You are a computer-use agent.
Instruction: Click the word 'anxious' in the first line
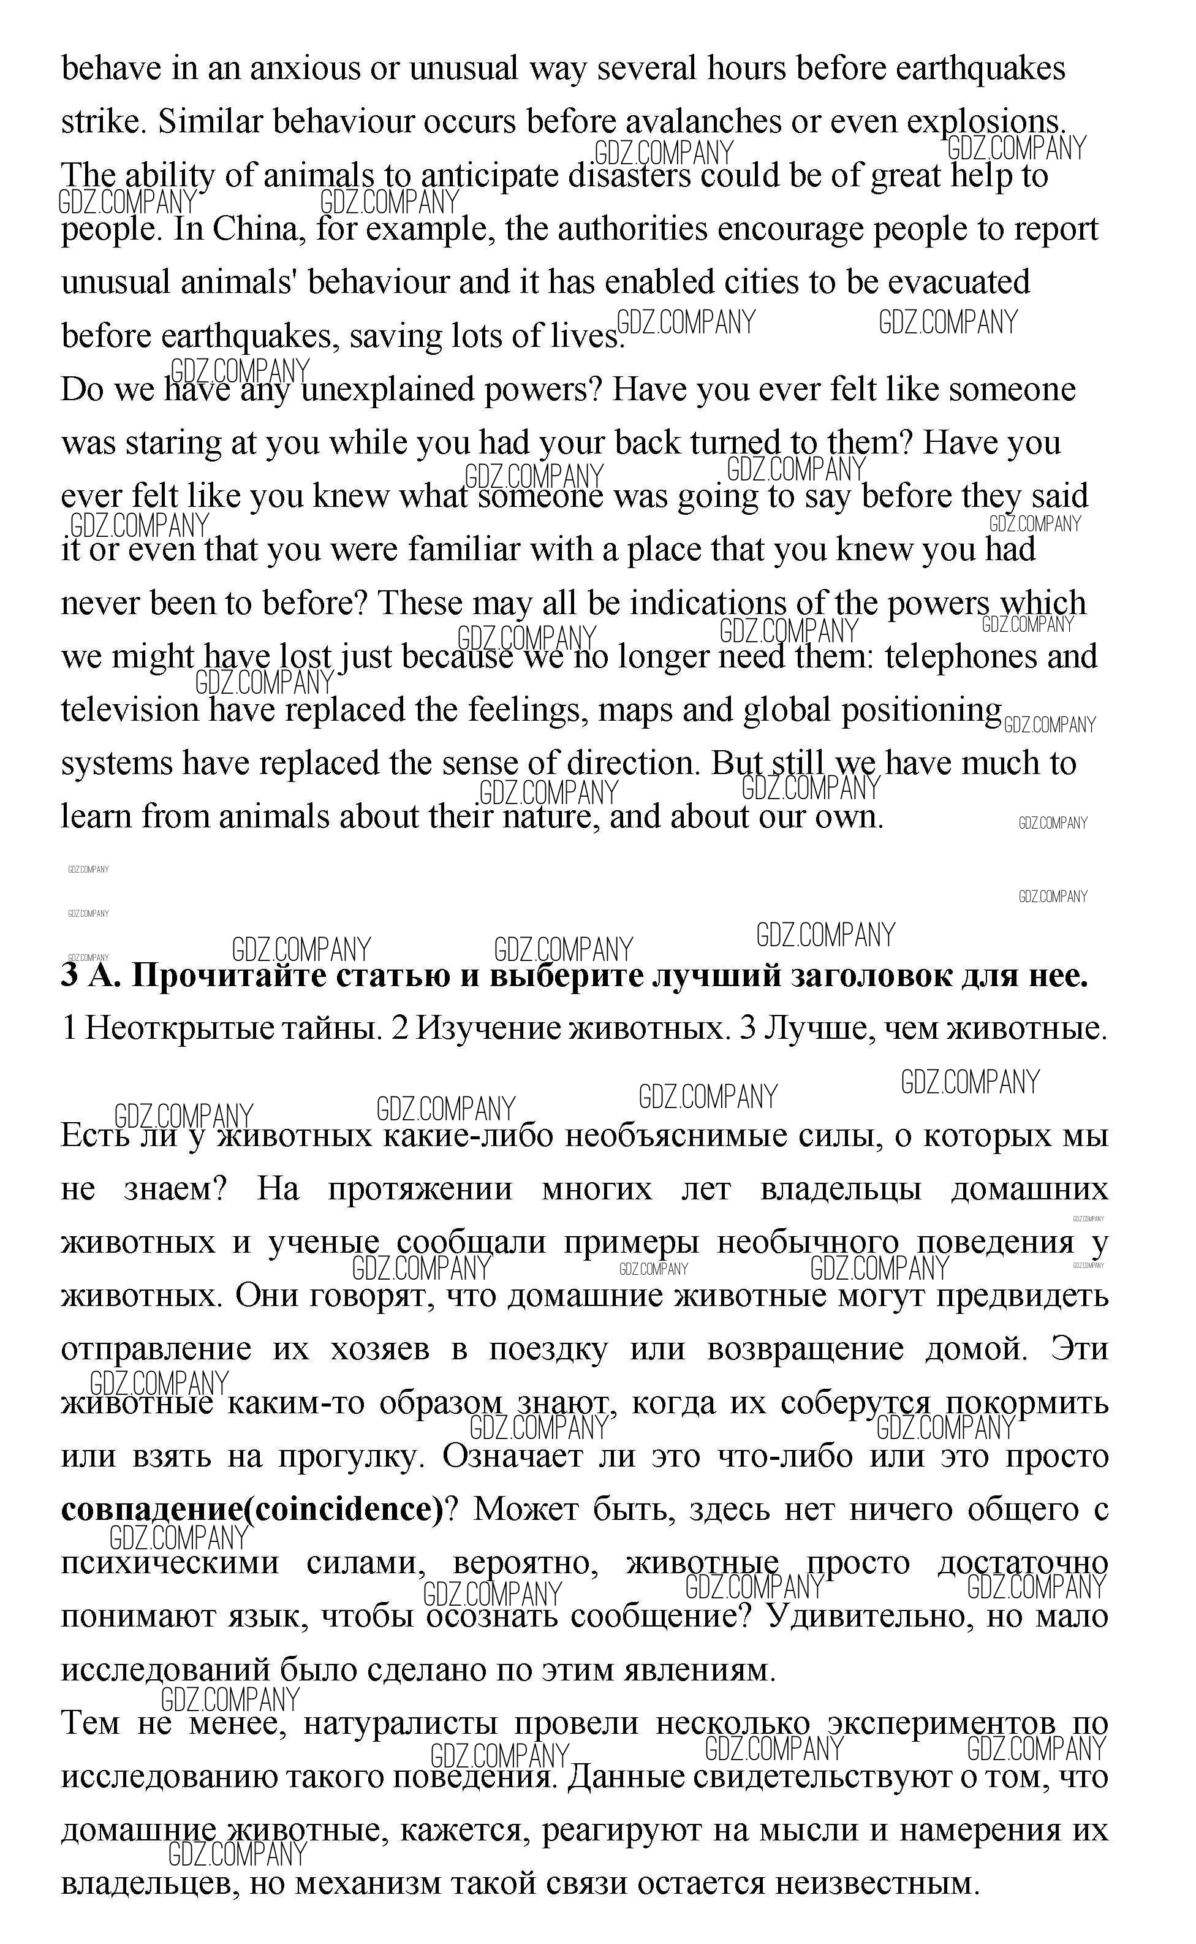tap(305, 69)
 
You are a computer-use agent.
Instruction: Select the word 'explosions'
tap(985, 122)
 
